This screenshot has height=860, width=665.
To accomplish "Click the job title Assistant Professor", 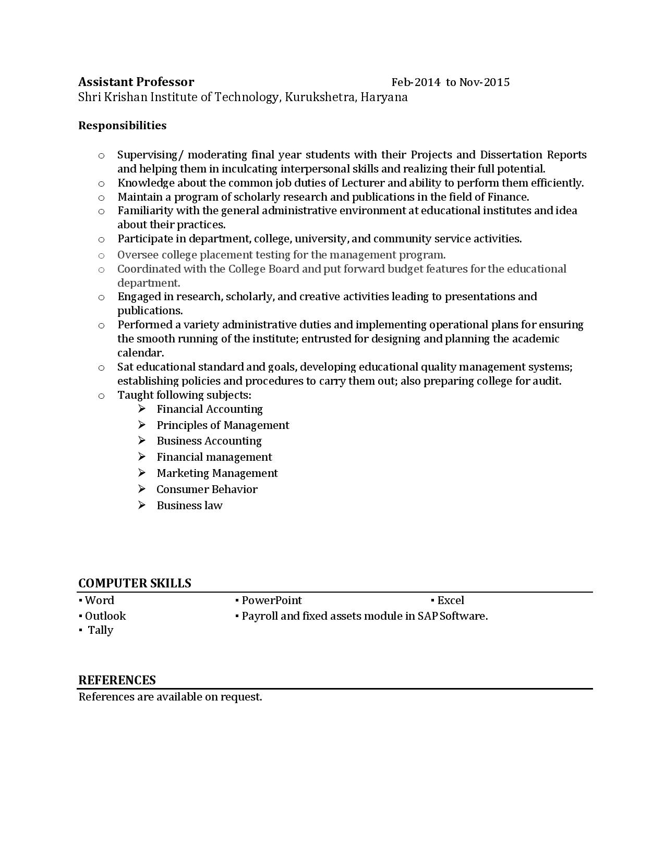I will [136, 82].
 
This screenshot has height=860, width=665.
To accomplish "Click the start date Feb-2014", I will [416, 82].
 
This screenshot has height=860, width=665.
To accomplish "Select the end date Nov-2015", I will [485, 82].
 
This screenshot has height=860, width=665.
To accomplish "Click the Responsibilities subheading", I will [122, 126].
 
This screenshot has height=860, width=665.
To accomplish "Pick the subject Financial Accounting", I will [210, 409].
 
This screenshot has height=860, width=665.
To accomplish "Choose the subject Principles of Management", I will [223, 425].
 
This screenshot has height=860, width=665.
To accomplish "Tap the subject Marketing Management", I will [217, 473].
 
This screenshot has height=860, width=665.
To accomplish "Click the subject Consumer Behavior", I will [207, 489].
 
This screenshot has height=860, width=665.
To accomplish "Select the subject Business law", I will [189, 506].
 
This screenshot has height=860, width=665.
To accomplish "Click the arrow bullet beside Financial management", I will [142, 457].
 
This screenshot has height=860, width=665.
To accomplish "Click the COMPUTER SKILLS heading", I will [135, 583].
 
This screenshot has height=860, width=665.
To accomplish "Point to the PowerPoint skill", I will [271, 600].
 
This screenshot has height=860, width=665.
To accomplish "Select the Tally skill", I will [100, 630].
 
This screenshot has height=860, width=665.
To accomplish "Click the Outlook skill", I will [105, 616].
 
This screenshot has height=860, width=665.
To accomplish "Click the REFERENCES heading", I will [117, 680].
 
